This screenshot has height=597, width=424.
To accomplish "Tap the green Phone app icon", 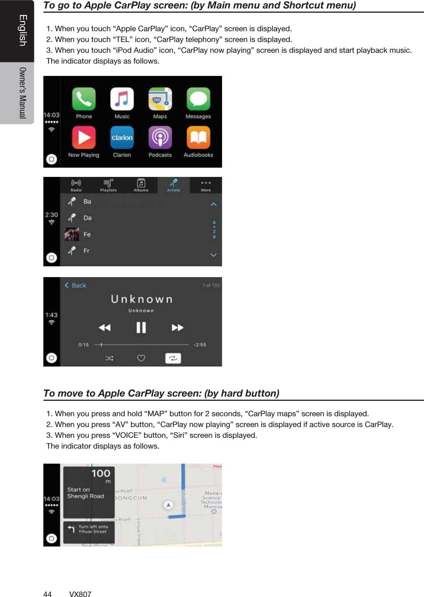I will point(83,99).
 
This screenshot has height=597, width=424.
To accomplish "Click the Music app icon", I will point(122,99).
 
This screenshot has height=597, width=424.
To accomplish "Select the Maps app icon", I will point(160,99).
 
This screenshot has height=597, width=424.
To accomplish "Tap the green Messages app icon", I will point(198,99).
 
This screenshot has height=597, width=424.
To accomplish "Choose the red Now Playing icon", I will point(83,138).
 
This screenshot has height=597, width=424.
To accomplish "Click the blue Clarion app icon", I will point(122,138).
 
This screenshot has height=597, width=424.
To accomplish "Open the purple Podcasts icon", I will point(160,138).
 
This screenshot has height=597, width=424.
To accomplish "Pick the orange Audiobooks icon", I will point(198,138).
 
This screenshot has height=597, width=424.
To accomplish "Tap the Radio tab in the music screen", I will point(76,185).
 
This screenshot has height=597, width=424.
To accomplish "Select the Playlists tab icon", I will point(108,185).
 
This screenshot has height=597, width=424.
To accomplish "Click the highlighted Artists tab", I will point(174,185).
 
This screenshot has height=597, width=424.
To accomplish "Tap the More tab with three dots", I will point(206,185).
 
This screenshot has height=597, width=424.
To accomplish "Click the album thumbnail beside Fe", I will point(72,234).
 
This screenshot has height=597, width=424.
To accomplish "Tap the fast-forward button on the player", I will point(177,328).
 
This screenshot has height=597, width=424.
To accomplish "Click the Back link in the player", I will point(76,285).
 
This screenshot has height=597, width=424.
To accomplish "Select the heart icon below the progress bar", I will point(141,358).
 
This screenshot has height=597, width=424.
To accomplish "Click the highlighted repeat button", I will point(173,358).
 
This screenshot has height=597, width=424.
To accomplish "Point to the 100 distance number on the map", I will point(101,473).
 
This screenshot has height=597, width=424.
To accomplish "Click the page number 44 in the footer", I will point(47,594).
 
